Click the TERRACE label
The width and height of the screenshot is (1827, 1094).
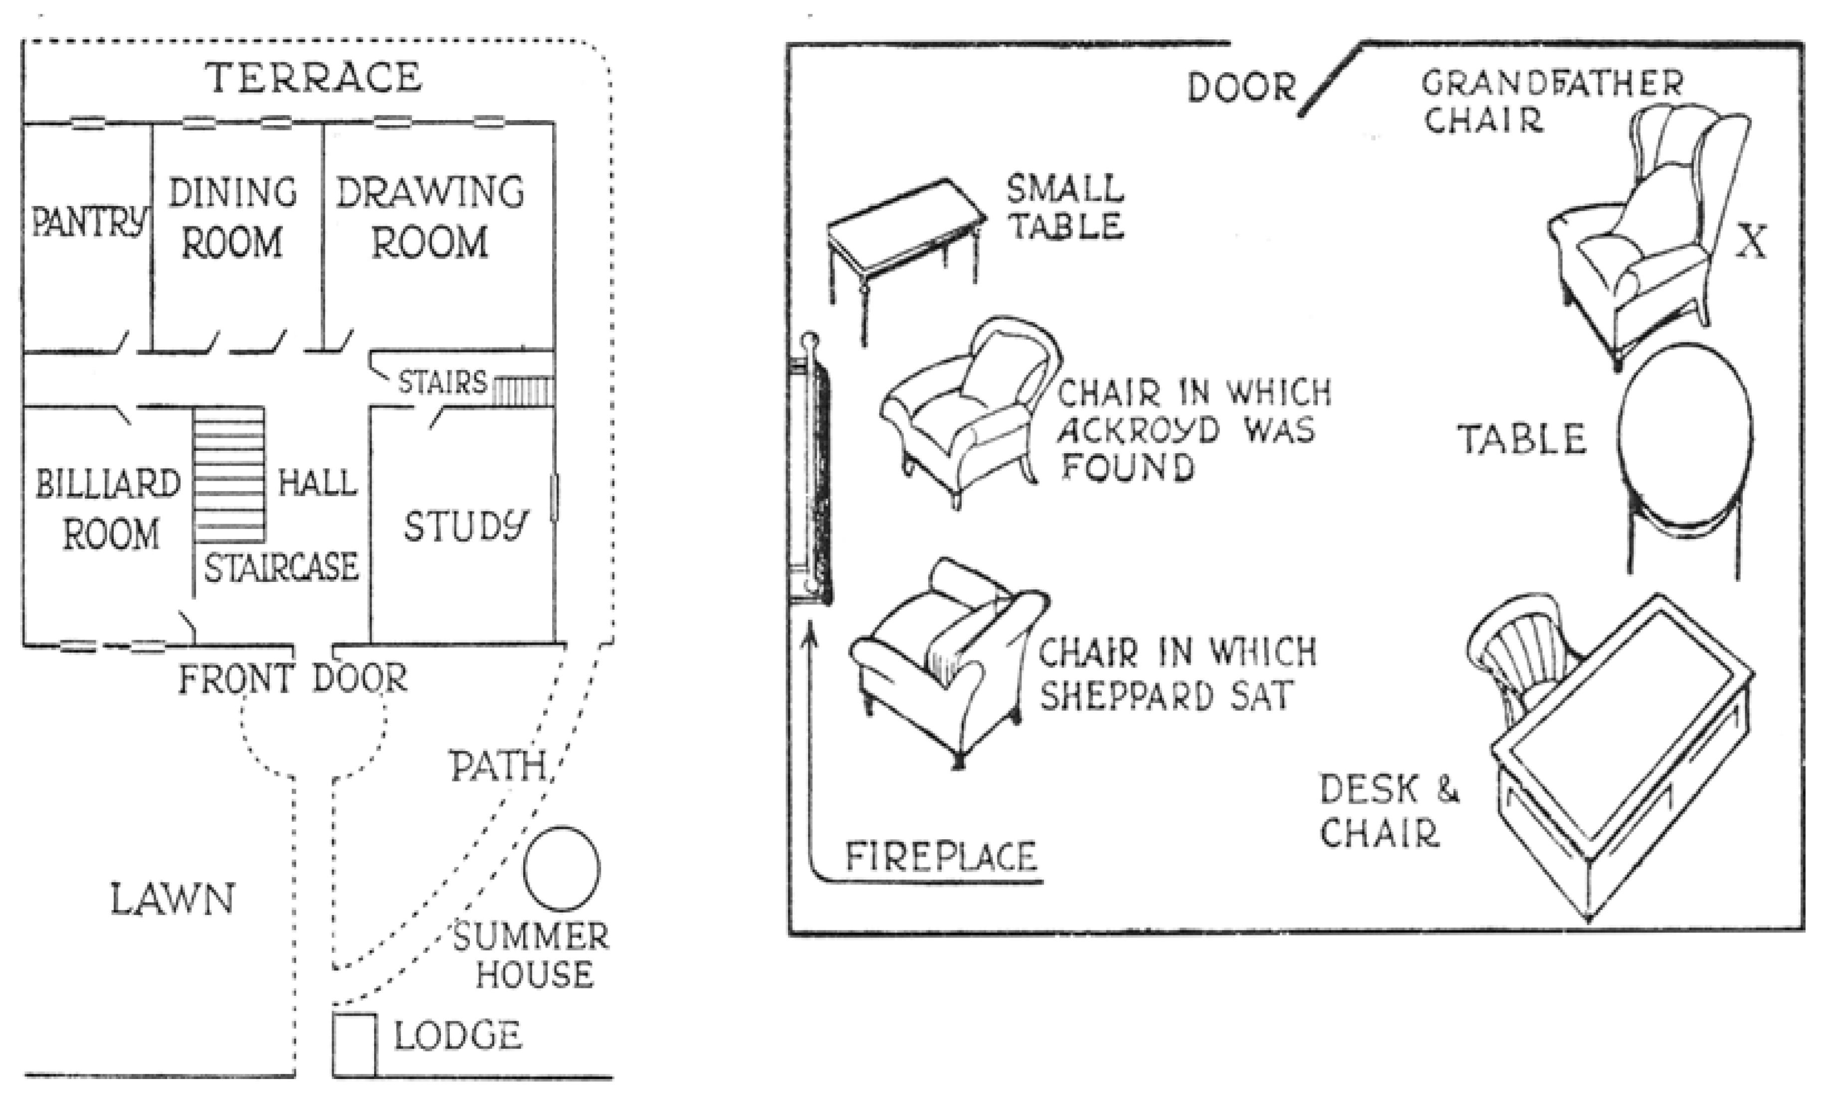point(313,77)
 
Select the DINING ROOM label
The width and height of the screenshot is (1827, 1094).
point(233,217)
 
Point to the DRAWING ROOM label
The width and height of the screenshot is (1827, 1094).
point(430,217)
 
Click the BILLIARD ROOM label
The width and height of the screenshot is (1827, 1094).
point(108,509)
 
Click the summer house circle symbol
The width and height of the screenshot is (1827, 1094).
point(562,869)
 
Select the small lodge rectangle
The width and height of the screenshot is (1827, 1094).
point(354,1045)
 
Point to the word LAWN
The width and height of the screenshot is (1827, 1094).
point(172,900)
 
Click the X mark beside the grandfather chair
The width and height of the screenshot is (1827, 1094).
point(1750,242)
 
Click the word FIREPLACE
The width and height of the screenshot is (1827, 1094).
point(941,857)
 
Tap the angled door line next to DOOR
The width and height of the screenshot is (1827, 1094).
point(1329,80)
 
